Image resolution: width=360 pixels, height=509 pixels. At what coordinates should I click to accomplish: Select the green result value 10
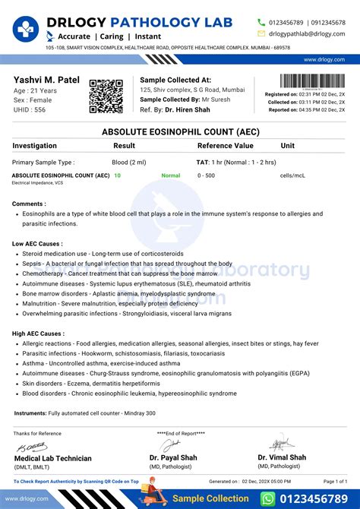[117, 175]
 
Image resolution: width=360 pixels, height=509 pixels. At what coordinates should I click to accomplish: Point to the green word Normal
[171, 175]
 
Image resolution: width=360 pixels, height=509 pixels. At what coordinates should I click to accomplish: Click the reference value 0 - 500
[206, 175]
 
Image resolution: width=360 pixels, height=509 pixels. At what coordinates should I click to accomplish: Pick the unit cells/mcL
[293, 175]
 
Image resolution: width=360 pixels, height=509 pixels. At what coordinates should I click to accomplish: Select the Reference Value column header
[226, 145]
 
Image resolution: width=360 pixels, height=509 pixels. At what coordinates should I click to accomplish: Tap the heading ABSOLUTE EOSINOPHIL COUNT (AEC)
[180, 131]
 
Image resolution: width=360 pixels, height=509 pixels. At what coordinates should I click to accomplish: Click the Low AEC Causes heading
[37, 243]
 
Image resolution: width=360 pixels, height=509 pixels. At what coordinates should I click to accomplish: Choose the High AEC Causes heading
[38, 334]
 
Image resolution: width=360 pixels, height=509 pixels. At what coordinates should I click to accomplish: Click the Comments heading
[30, 204]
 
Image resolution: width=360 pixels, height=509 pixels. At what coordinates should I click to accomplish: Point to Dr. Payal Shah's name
[174, 457]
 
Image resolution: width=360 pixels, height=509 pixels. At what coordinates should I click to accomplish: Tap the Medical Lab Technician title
[52, 458]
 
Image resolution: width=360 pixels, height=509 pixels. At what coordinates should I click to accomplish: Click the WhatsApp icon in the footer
[267, 498]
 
